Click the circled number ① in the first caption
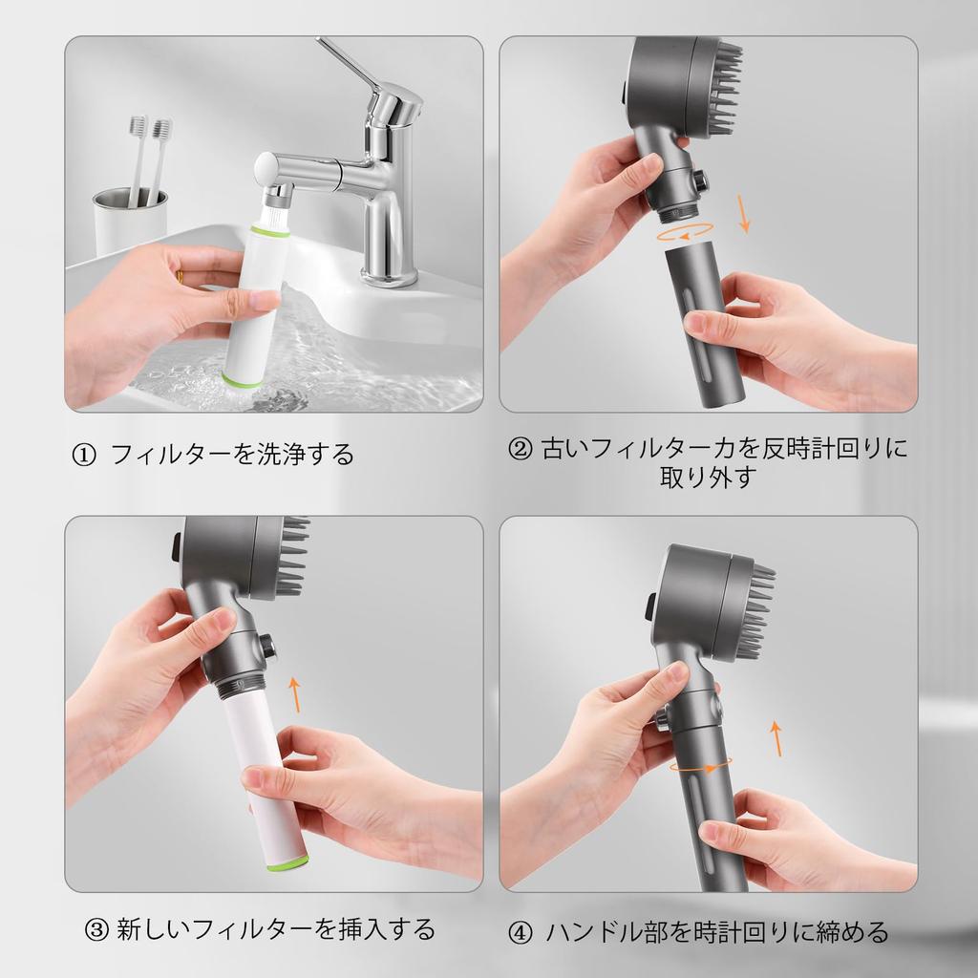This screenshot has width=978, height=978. pos(84,455)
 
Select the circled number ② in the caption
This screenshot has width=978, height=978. pos(521,448)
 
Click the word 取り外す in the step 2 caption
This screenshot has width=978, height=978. pos(708,478)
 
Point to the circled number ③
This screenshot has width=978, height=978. pos(96,929)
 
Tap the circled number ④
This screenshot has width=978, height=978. pos(520,932)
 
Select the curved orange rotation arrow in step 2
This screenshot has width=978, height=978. pos(687,231)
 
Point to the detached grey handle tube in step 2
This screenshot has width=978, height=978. pos(702,325)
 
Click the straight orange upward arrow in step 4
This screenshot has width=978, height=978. pos(776,737)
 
